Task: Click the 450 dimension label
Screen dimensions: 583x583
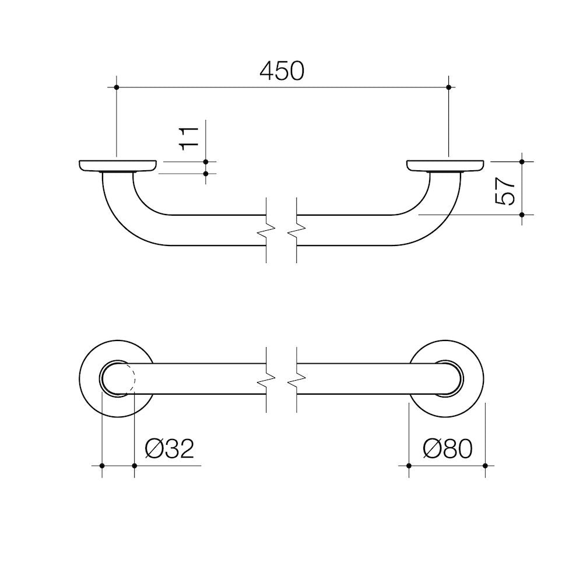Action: (282, 71)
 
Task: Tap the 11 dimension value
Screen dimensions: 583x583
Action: (189, 139)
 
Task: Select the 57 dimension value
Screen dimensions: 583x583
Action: (505, 191)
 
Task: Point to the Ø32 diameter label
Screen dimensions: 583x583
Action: (170, 449)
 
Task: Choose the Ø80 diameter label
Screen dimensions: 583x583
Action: (448, 449)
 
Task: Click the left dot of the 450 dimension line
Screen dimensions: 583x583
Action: (117, 87)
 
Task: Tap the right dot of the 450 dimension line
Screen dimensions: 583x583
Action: (448, 87)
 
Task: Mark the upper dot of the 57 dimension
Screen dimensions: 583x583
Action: (522, 161)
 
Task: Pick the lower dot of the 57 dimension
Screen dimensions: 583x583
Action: (522, 215)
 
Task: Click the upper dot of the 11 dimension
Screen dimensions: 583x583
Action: (206, 161)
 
